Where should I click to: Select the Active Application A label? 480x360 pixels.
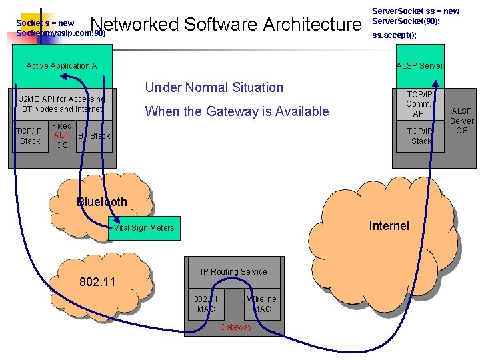[61, 66]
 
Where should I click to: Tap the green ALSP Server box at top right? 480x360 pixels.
[419, 65]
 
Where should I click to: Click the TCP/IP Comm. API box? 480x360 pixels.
[419, 104]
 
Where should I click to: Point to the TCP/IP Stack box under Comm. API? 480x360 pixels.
[421, 136]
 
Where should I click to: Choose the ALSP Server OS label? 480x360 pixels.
[461, 121]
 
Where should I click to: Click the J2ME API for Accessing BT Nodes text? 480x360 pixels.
[62, 104]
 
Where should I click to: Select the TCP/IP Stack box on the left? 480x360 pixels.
[30, 136]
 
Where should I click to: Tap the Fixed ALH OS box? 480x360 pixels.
[62, 135]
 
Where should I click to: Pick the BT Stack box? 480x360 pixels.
[94, 136]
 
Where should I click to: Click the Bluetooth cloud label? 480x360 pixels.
[101, 202]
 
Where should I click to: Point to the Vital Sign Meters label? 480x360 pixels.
[143, 228]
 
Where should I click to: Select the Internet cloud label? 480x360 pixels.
[389, 226]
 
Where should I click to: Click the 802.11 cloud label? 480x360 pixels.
[97, 282]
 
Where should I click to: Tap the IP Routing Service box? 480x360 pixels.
[233, 272]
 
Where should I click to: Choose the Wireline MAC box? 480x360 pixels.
[261, 304]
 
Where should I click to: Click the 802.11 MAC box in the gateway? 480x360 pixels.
[206, 304]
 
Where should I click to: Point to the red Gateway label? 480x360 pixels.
[236, 327]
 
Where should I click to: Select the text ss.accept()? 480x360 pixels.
[394, 35]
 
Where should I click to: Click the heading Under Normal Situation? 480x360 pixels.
[214, 87]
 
